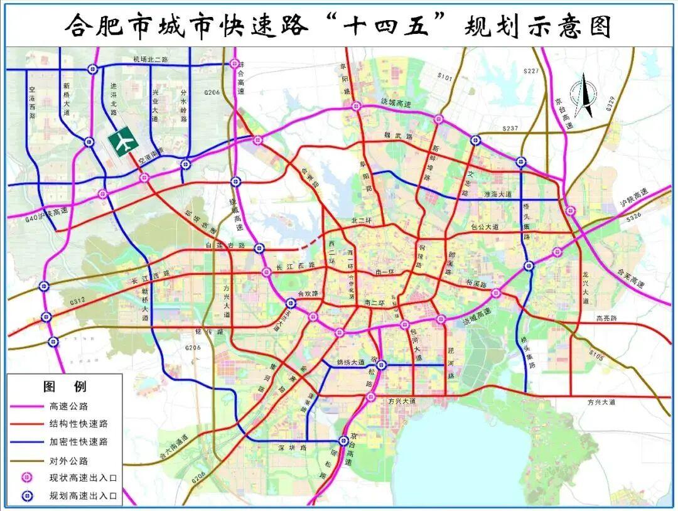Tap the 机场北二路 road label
point(151,60)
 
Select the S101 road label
point(444,77)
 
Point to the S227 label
point(531,72)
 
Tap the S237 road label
point(510,129)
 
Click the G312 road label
point(77,301)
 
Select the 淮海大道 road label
point(498,195)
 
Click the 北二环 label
point(362,221)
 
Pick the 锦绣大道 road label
point(350,362)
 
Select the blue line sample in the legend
point(26,441)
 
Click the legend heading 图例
point(65,386)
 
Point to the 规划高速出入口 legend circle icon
point(27,496)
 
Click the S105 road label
point(596,356)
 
